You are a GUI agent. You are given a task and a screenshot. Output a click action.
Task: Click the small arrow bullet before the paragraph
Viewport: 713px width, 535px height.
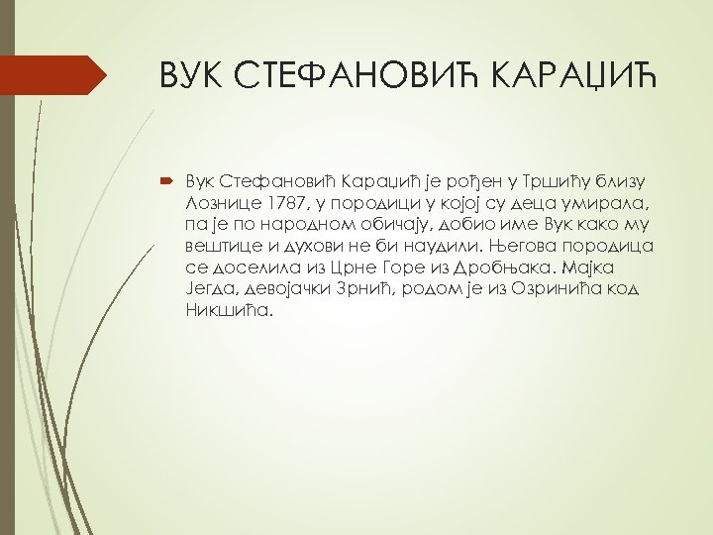coord(162,181)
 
